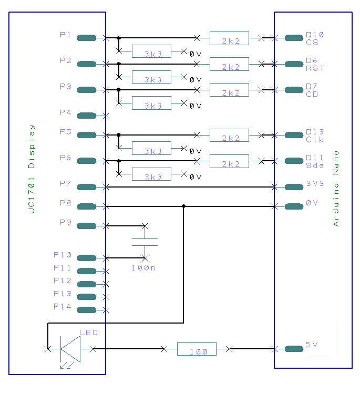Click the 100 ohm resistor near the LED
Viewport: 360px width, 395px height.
196,349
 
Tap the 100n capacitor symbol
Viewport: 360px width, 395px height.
145,242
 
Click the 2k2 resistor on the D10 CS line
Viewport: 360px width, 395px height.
229,38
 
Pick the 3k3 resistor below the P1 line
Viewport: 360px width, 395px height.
151,51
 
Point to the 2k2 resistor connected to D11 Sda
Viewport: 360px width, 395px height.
229,161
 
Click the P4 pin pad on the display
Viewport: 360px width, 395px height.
86,116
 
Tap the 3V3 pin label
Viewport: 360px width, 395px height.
315,184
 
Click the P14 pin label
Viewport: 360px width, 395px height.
62,306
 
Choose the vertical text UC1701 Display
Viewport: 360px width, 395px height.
32,169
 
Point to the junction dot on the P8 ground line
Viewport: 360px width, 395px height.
183,206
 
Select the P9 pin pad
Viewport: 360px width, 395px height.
86,226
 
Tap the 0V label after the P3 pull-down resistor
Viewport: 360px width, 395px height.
195,106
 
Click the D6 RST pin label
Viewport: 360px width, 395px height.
315,64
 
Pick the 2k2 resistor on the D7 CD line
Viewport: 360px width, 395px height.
229,90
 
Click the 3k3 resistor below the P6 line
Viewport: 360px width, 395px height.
151,174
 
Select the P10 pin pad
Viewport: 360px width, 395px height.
86,258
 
